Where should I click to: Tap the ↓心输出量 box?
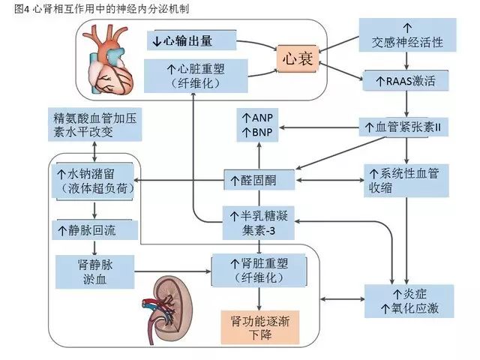pyautogui.click(x=191, y=40)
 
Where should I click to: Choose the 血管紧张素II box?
pyautogui.click(x=406, y=127)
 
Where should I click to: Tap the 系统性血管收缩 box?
pyautogui.click(x=405, y=179)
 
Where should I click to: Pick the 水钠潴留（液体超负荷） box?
pyautogui.click(x=94, y=180)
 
